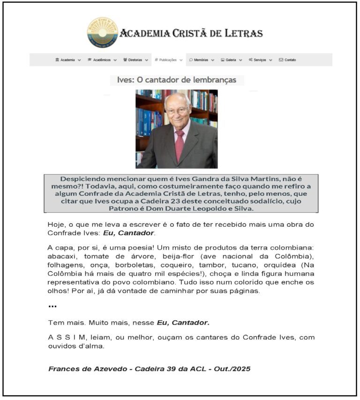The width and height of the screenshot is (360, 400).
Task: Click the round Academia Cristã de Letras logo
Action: [x=102, y=33]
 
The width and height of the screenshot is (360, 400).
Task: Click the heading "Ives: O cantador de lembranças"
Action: [x=177, y=80]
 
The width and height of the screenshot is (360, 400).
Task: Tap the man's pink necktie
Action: [x=180, y=145]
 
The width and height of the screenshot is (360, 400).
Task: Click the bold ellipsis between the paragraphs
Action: [x=52, y=306]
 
